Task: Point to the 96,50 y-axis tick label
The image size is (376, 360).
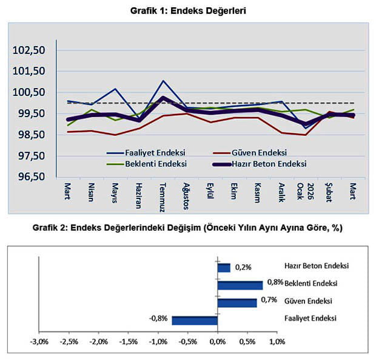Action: pos(30,177)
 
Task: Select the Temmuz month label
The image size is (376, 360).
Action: pos(163,195)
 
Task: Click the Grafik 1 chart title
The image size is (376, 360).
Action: pos(187,10)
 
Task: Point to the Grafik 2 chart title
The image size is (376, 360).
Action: pos(188,229)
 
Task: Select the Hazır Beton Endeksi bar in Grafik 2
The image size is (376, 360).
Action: pos(224,268)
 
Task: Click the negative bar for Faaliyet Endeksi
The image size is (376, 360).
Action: pos(195,320)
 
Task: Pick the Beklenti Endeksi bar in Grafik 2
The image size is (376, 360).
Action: pos(240,285)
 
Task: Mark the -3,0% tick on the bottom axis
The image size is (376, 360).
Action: pos(39,342)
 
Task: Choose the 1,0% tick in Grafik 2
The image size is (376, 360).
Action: pos(277,342)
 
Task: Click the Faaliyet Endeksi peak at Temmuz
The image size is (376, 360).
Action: pos(163,81)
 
